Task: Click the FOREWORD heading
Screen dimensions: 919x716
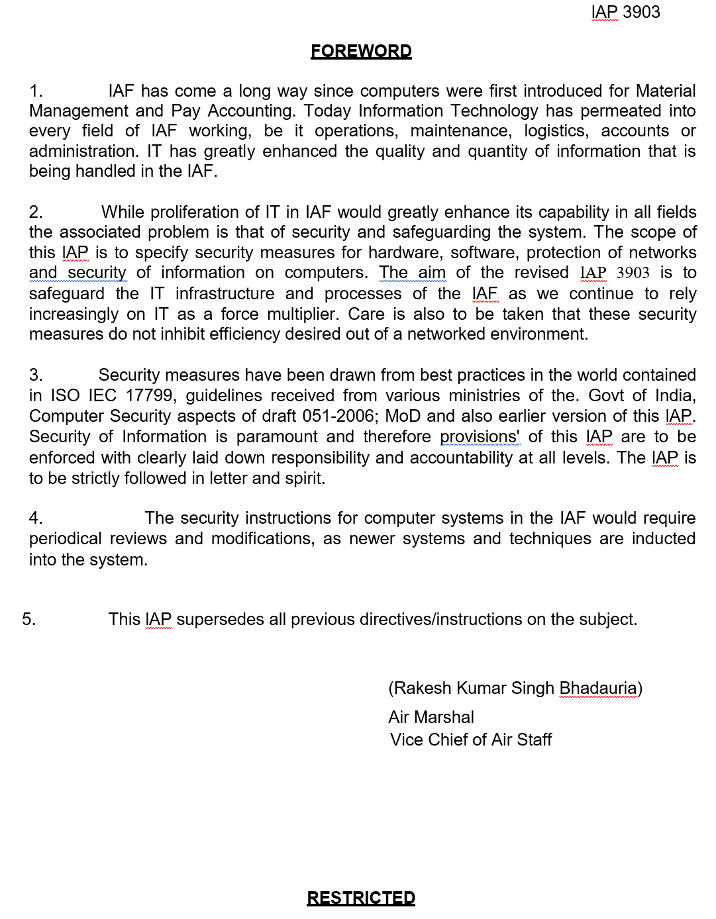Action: (361, 51)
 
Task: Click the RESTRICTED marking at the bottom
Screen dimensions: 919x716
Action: (361, 898)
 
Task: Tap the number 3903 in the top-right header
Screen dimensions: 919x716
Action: (641, 12)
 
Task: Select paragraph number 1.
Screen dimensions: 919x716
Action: (36, 91)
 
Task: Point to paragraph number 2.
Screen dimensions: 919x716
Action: (36, 212)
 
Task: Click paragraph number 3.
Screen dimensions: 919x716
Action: (36, 375)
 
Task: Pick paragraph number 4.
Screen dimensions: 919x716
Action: (36, 518)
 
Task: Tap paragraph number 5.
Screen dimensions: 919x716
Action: (28, 619)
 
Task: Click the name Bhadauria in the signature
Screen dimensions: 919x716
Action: (598, 688)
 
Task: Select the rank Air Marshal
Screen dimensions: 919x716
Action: (431, 717)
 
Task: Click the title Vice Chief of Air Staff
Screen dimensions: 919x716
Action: (471, 740)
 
